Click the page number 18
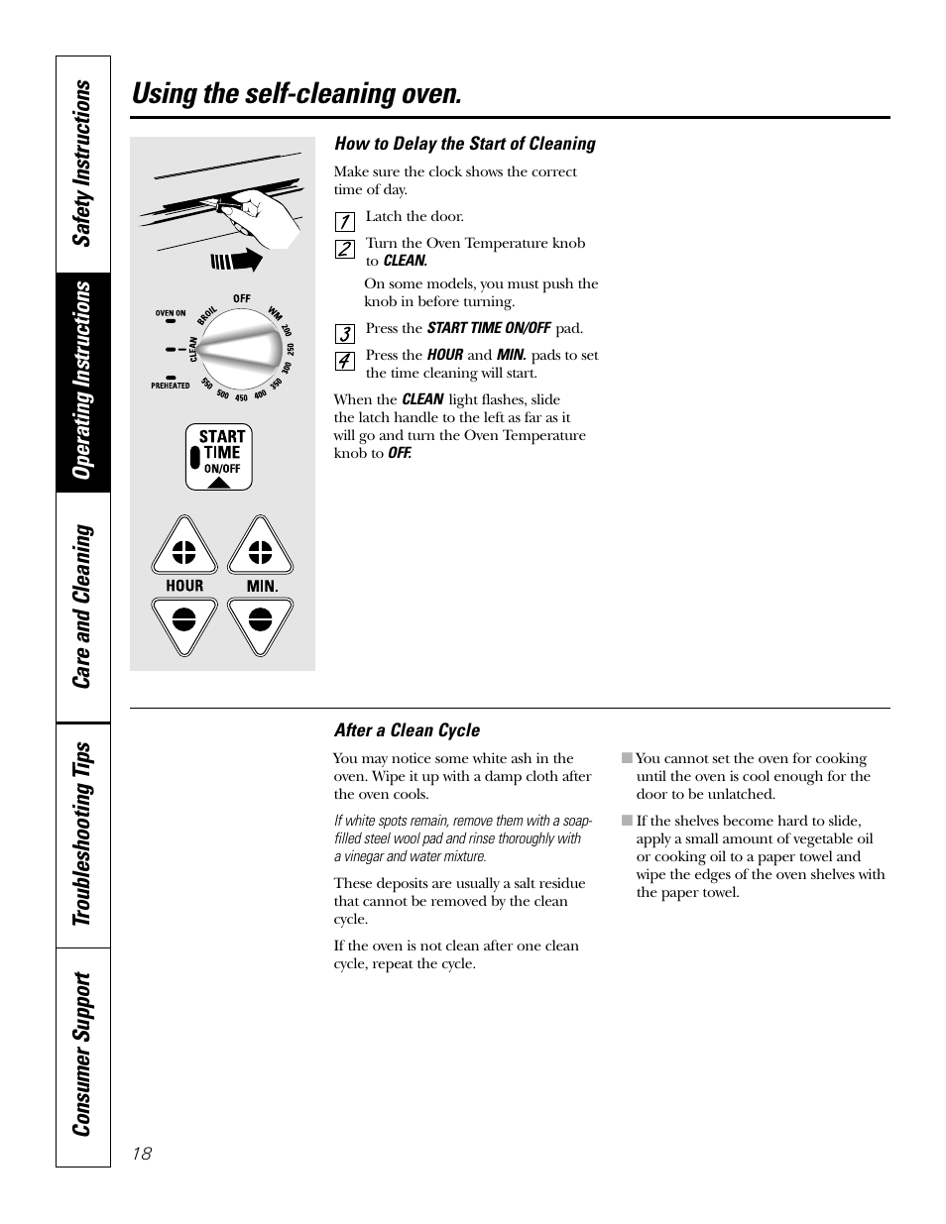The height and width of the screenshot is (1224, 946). [x=142, y=1153]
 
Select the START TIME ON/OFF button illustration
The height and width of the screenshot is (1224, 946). [x=219, y=457]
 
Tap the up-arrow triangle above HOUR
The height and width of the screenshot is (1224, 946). [x=184, y=547]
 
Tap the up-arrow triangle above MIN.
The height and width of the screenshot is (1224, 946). [x=260, y=547]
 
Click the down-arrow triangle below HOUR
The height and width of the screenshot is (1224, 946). [x=184, y=623]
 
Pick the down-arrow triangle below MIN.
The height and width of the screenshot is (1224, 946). [x=260, y=623]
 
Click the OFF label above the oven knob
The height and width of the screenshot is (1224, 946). [x=242, y=298]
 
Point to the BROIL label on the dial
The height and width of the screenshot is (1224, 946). [x=208, y=313]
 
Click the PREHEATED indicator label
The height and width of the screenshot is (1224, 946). [x=171, y=386]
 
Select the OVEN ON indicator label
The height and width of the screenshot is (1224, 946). [x=171, y=313]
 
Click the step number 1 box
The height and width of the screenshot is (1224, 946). [x=344, y=222]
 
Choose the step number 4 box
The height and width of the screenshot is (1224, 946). [x=344, y=361]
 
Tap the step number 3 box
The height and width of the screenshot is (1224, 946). [x=344, y=334]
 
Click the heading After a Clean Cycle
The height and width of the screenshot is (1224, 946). [x=407, y=730]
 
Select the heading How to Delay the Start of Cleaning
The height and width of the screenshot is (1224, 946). [x=464, y=144]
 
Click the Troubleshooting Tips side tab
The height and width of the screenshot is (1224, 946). [x=83, y=835]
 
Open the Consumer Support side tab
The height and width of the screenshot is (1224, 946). [x=83, y=1055]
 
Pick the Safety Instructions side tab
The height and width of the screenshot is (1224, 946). [x=83, y=164]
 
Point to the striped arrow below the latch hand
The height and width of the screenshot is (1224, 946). [x=236, y=262]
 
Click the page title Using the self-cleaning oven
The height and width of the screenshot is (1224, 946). [x=296, y=94]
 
